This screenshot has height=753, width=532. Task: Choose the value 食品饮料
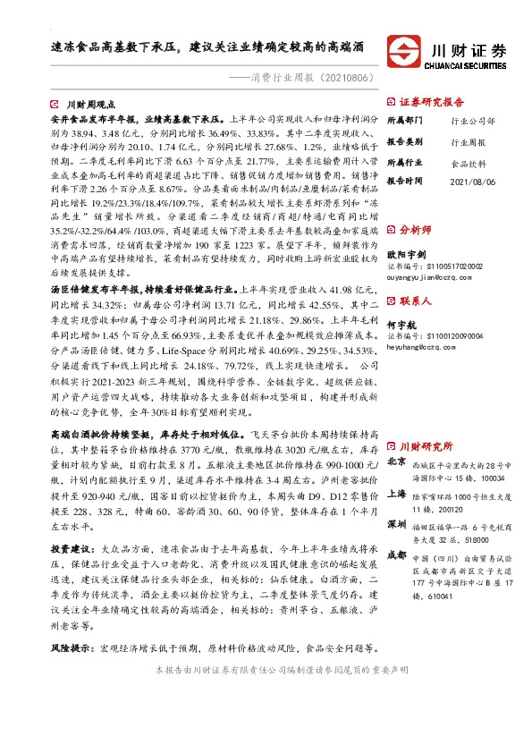pyautogui.click(x=467, y=164)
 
